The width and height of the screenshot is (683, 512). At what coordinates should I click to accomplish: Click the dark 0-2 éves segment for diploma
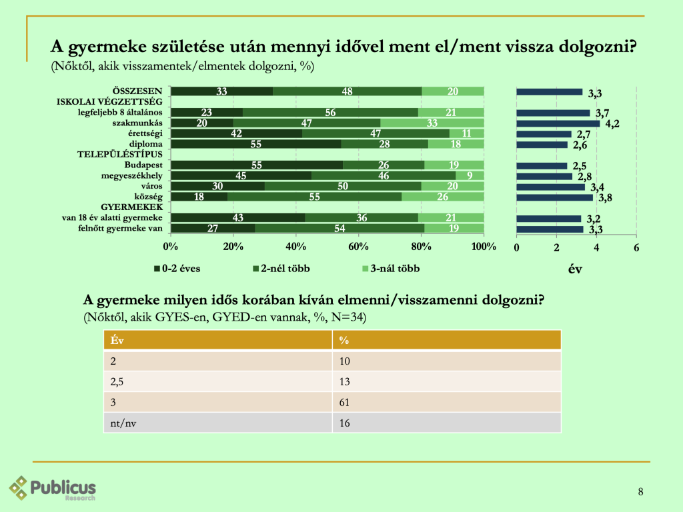(x=256, y=144)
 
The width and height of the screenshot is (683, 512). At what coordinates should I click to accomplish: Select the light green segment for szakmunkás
(x=432, y=123)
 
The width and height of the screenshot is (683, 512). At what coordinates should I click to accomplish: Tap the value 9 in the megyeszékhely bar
(x=470, y=175)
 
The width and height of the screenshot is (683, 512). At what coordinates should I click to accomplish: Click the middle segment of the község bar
(x=314, y=196)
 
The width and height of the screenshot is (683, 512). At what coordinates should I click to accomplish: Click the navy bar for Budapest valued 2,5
(x=542, y=165)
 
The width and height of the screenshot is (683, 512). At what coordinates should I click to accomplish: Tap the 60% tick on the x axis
(x=358, y=247)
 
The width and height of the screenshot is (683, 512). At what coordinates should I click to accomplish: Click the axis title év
(x=576, y=270)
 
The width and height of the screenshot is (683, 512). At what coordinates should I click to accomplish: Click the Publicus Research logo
(x=54, y=487)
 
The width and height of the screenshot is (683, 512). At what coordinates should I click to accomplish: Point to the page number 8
(x=640, y=492)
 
